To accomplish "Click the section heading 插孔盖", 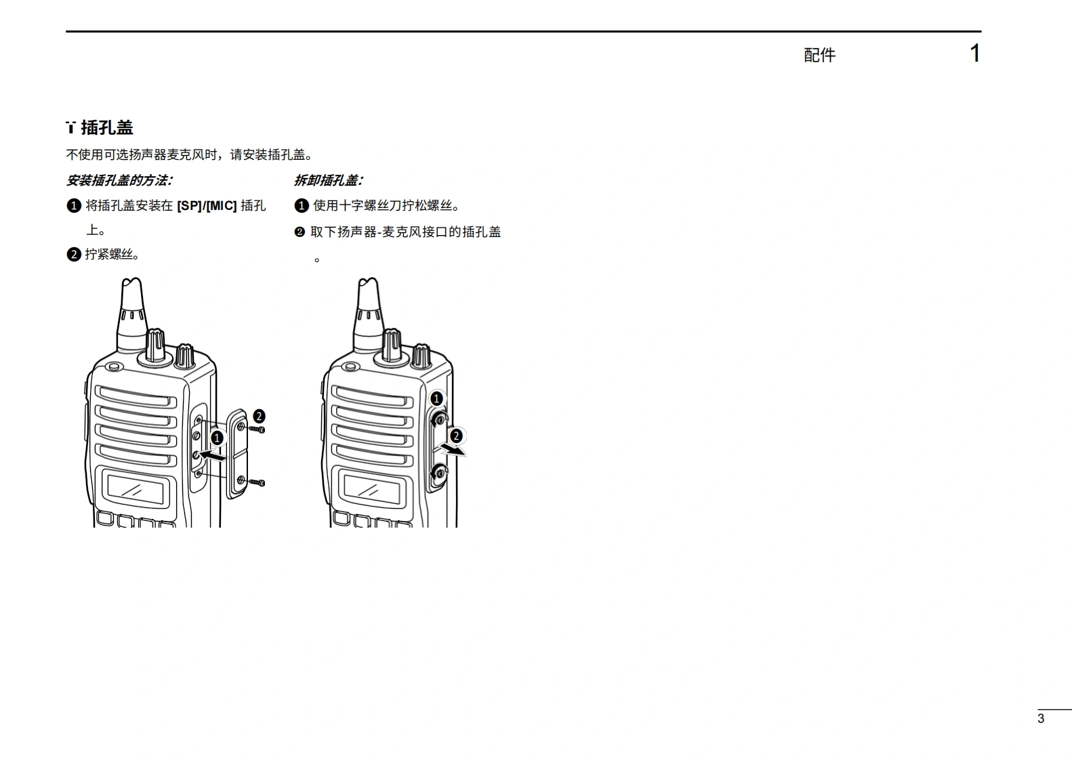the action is tap(107, 127).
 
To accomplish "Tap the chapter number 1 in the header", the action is tap(974, 54).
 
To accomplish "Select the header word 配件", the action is tap(819, 56).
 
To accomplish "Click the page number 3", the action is tap(1041, 719).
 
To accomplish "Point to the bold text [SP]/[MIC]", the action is tap(207, 206).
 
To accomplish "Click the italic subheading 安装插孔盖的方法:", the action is tap(119, 180).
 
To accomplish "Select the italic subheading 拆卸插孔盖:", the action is tap(329, 180).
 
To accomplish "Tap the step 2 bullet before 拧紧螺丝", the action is tap(74, 255).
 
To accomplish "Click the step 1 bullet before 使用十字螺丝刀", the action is tap(302, 206).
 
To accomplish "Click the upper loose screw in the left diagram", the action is tap(257, 429).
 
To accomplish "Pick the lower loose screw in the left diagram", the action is tap(257, 482).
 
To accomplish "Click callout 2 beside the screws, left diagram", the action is tap(258, 416).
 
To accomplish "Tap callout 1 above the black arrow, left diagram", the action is tap(217, 438).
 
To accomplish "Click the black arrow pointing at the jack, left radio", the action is tap(212, 457).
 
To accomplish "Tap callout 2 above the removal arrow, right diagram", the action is tap(456, 436).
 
